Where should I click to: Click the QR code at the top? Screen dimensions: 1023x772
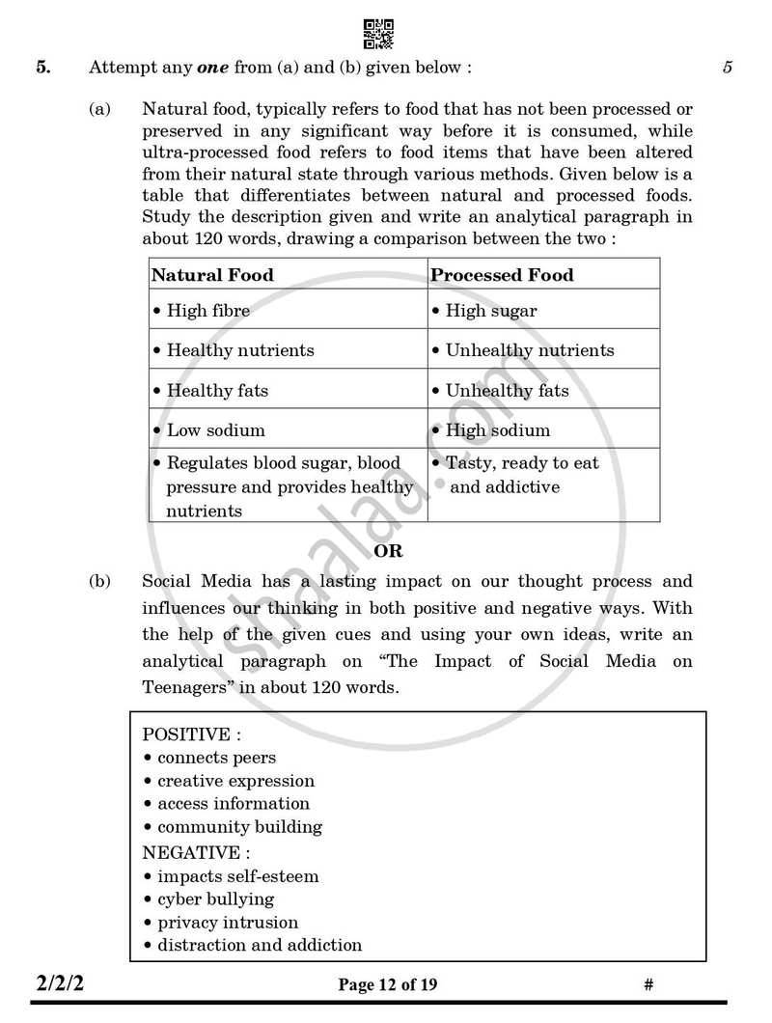pos(378,34)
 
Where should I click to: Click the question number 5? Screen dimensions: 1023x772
pos(42,68)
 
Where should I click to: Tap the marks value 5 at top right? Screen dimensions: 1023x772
pos(727,68)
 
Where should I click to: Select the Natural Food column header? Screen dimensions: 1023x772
pos(212,275)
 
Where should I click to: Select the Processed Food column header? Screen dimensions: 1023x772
pos(502,275)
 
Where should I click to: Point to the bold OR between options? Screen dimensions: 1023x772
pos(388,552)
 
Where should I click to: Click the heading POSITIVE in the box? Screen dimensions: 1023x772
pos(185,734)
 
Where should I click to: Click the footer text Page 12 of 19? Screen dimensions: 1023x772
pos(387,985)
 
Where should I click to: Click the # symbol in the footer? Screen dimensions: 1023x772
pos(648,985)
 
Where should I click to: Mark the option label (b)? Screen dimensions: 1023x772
pos(99,582)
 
